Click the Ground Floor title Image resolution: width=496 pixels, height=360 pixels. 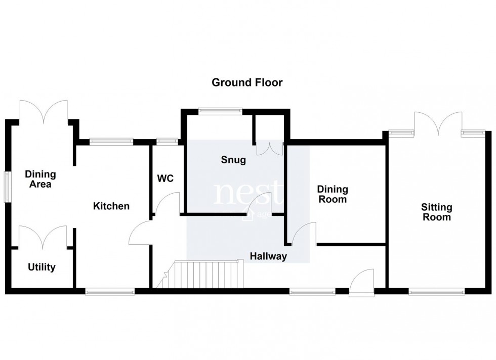247,82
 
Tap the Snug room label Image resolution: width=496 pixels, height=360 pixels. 233,160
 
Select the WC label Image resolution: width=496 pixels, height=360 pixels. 166,178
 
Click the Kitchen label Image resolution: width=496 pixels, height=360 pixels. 111,206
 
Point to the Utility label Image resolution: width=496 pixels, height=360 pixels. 42,267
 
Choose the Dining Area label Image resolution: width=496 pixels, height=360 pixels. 40,179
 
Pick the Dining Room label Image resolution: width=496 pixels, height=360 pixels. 333,194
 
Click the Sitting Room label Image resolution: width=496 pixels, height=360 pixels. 437,212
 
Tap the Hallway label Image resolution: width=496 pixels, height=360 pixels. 268,256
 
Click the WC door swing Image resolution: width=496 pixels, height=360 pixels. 167,205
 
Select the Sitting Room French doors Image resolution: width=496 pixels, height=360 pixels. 438,122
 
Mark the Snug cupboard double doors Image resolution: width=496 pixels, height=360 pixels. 269,148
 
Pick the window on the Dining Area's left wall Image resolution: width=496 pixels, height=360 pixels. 7,188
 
